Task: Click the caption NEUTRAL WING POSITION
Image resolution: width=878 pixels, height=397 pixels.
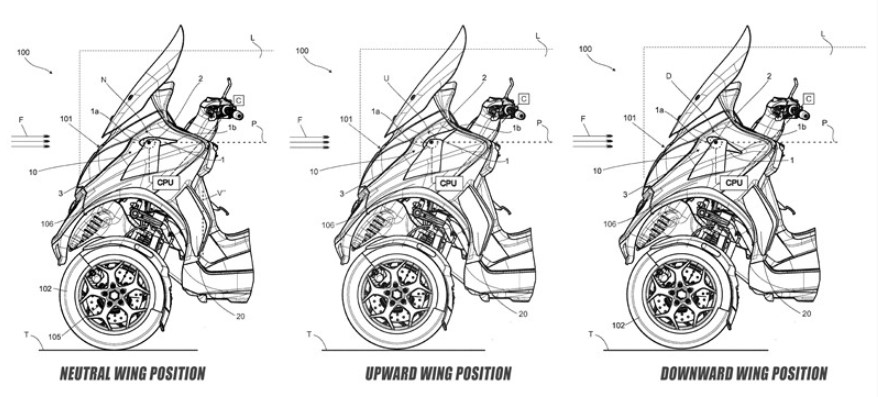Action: click(x=132, y=373)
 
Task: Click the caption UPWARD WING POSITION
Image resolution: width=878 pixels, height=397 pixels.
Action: click(x=438, y=373)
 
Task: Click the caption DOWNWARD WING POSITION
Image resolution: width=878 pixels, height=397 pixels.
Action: click(x=744, y=373)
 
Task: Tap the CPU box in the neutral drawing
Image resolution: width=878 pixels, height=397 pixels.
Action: click(x=167, y=183)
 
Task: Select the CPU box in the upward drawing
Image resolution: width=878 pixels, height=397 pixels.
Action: click(x=448, y=183)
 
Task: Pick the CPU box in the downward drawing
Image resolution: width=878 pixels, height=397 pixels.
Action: click(x=734, y=183)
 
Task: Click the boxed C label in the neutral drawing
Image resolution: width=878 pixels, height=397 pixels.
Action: click(x=239, y=100)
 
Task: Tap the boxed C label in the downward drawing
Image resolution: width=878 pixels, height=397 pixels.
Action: click(x=808, y=100)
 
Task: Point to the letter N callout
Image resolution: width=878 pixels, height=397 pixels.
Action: click(x=104, y=80)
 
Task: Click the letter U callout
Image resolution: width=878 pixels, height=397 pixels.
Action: click(x=386, y=78)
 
